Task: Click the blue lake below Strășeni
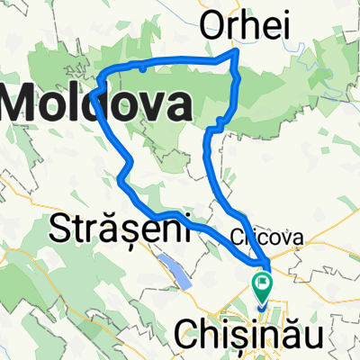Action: click(175, 270)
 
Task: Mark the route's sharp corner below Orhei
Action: click(238, 53)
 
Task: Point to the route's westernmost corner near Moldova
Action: click(94, 91)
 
